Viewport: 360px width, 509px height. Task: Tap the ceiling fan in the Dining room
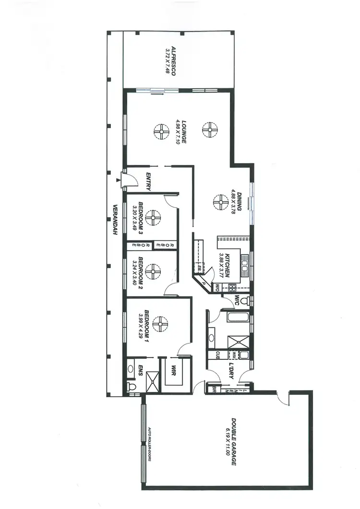pyautogui.click(x=220, y=201)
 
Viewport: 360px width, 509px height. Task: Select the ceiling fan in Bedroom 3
pyautogui.click(x=154, y=218)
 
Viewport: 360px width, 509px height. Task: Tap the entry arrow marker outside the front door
pyautogui.click(x=118, y=180)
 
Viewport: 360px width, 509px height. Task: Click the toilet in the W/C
pyautogui.click(x=245, y=301)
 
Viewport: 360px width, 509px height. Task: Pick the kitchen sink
pyautogui.click(x=245, y=267)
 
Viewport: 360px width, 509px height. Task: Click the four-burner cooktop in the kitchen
pyautogui.click(x=232, y=288)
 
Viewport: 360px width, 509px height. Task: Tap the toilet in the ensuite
pyautogui.click(x=130, y=386)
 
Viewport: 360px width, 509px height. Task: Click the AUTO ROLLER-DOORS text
pyautogui.click(x=150, y=444)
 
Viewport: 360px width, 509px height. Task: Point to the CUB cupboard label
pyautogui.click(x=217, y=355)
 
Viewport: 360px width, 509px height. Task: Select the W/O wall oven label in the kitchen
pyautogui.click(x=217, y=288)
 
